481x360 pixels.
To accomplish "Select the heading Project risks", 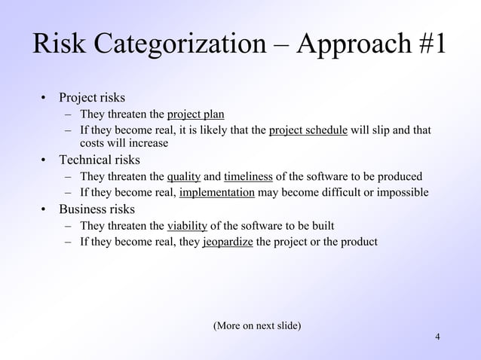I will point(92,98).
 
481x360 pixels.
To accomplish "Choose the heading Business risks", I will point(97,209).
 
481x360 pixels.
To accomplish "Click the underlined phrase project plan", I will point(195,114).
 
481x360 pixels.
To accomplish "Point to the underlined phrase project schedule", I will point(308,130).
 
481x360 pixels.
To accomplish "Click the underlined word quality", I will point(183,177).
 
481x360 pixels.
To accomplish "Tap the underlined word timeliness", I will point(248,177).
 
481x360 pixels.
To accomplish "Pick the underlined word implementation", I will point(217,193).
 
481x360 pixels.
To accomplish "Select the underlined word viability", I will point(187,226).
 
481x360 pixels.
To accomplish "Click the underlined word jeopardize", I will point(228,242).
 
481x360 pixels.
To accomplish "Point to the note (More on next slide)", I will point(257,325).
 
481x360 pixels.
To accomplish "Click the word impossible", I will point(403,193).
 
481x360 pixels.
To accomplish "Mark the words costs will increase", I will point(124,143).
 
